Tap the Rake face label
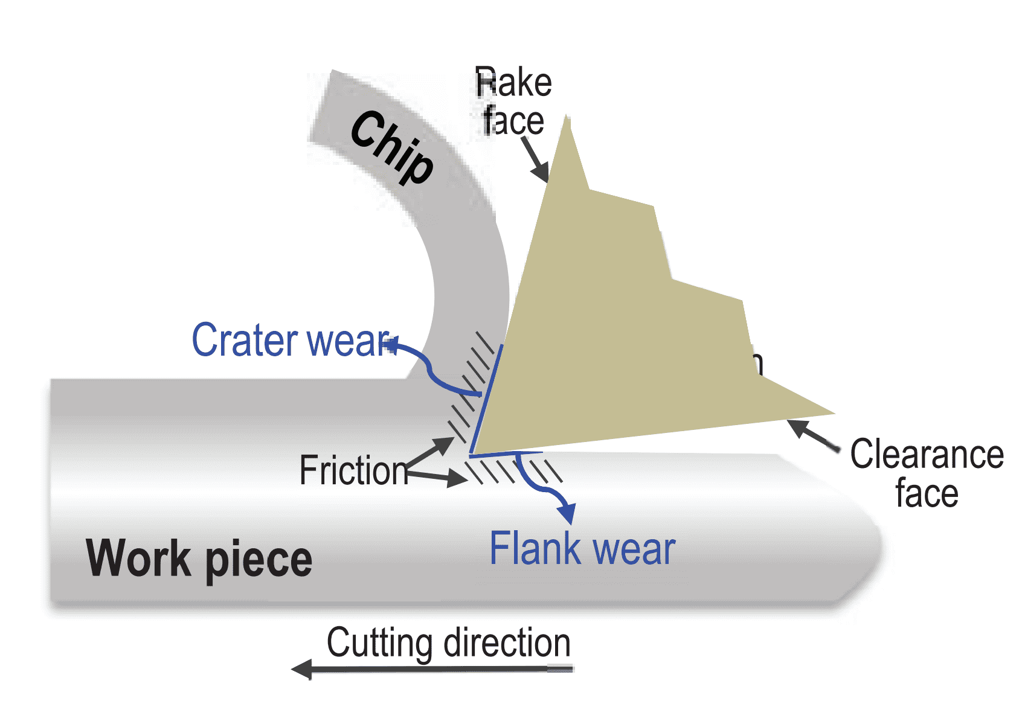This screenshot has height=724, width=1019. (513, 101)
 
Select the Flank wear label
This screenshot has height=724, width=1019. (582, 549)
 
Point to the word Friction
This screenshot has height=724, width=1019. (354, 471)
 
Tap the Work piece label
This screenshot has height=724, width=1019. (199, 559)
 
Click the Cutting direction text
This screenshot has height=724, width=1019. (448, 643)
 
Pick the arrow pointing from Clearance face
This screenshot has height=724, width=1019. (812, 435)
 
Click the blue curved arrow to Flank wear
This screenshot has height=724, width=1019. (544, 486)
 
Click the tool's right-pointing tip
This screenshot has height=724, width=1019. (834, 414)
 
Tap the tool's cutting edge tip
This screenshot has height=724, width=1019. (471, 453)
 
